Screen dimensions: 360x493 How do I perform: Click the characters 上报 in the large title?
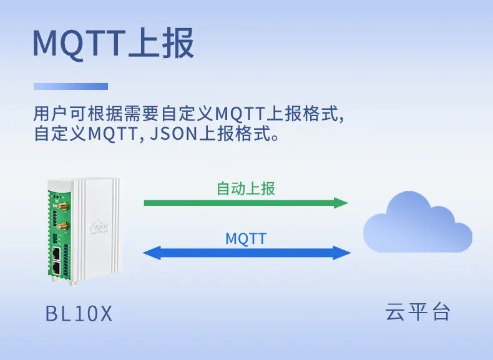[161, 44]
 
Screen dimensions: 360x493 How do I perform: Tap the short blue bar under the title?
[71, 86]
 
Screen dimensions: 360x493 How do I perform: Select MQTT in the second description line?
[110, 134]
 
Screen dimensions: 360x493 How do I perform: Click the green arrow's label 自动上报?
[245, 188]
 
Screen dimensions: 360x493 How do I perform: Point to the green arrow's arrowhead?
[341, 203]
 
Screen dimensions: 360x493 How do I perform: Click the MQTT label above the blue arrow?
[245, 238]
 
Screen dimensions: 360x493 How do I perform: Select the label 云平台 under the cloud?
[417, 312]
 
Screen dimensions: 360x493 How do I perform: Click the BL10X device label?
[79, 313]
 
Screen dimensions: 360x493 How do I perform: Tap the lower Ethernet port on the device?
[56, 268]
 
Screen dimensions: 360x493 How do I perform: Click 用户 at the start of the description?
[49, 114]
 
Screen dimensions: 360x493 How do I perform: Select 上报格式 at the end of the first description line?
[304, 114]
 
